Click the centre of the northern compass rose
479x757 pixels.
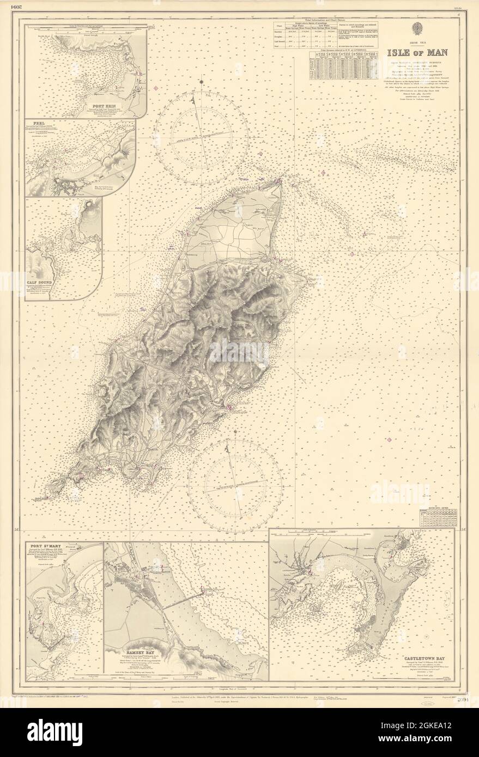pyautogui.click(x=201, y=131)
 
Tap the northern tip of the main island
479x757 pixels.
pyautogui.click(x=281, y=180)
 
